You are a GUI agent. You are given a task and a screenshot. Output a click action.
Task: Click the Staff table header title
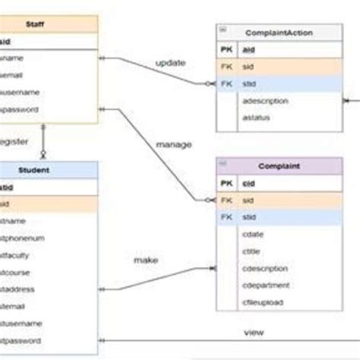coord(33,24)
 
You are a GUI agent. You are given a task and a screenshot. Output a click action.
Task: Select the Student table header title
coord(35,170)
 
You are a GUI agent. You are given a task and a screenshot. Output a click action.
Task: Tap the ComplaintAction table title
coord(279,33)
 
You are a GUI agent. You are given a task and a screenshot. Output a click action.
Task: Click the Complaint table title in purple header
coord(278,165)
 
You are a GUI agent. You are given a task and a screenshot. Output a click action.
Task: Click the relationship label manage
coord(173,144)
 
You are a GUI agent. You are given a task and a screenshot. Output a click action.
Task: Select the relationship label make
coord(146,260)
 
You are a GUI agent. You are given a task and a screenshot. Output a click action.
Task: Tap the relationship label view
coord(253,333)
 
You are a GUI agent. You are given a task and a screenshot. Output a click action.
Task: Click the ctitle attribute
coord(252,251)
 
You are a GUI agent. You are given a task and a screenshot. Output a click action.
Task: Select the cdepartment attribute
coord(265,285)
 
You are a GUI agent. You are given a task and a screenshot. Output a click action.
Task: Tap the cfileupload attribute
coord(264,302)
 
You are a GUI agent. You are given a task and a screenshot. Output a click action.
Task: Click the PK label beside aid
coord(226,50)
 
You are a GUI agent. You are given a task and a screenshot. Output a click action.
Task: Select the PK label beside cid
coord(226,183)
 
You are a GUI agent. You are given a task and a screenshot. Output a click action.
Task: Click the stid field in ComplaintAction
coord(248,84)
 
